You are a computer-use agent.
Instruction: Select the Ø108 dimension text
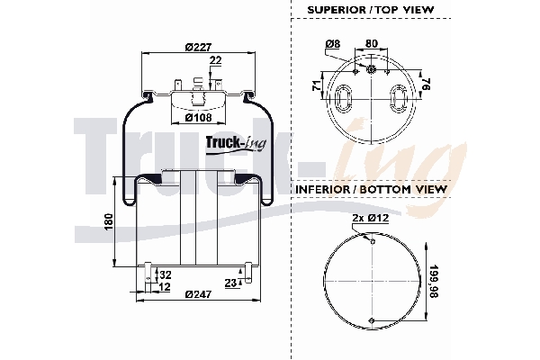[198, 116]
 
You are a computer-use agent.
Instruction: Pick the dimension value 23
[231, 283]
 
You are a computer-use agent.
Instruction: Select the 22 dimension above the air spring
[215, 60]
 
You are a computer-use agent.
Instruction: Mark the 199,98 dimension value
[436, 281]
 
